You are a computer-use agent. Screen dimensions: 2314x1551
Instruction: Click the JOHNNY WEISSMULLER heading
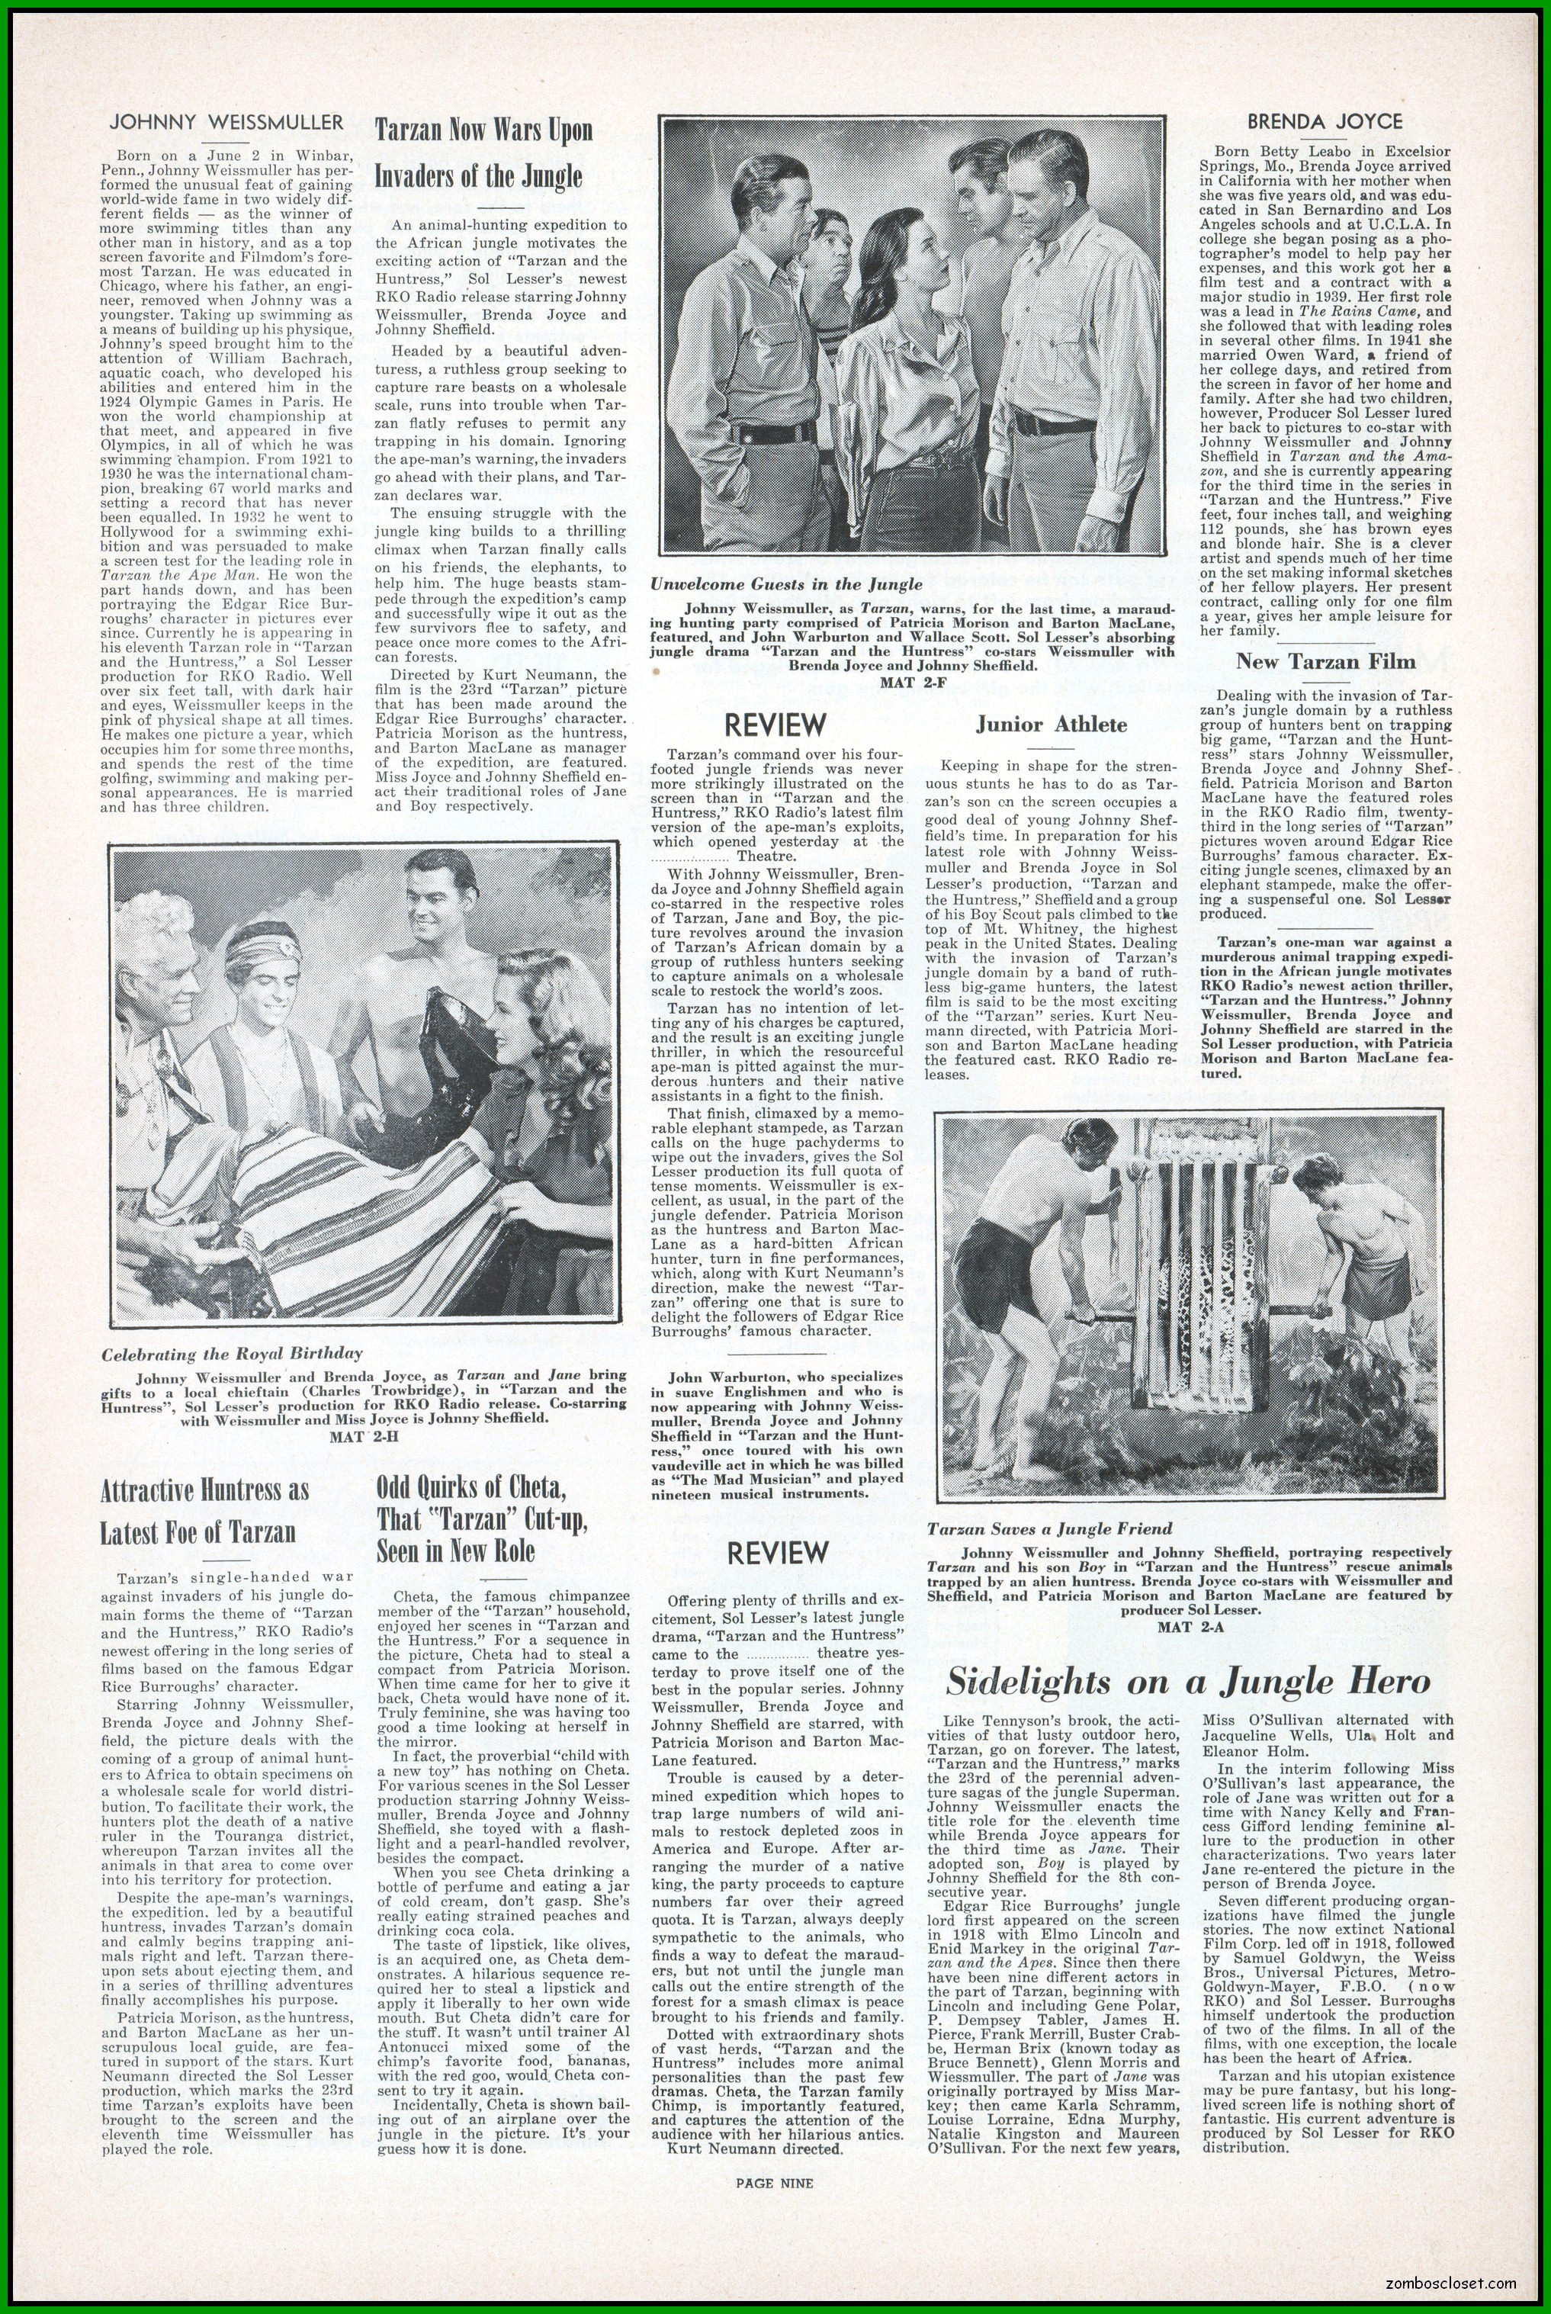coord(226,123)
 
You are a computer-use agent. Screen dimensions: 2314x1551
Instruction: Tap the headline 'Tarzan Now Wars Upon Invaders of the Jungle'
coord(483,153)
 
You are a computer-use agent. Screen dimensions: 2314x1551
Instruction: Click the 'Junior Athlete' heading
coord(1051,725)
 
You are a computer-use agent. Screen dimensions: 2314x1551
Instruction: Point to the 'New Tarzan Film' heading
coord(1325,660)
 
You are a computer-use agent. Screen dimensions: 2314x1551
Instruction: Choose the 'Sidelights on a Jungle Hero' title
coord(1188,1682)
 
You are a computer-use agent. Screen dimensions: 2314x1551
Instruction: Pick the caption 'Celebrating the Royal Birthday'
coord(233,1353)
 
